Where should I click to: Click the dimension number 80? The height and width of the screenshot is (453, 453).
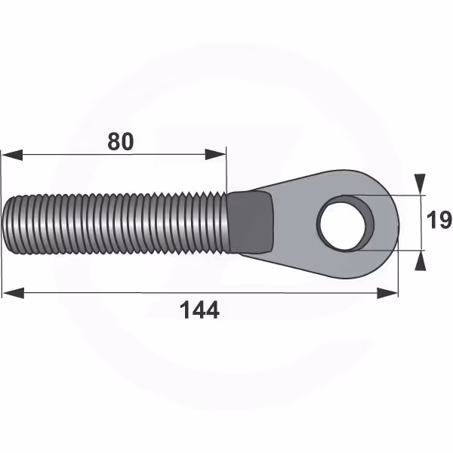click(x=121, y=142)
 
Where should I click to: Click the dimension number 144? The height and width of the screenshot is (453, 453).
click(x=199, y=310)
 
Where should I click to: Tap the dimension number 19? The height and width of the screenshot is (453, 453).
click(x=439, y=220)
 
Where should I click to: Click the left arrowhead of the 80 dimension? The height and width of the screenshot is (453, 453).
click(x=12, y=155)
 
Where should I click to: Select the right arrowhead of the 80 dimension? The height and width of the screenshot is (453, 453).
click(x=215, y=154)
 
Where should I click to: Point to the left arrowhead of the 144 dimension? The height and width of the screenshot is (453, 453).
click(x=14, y=293)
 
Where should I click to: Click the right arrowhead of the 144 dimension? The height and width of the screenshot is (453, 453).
click(x=387, y=293)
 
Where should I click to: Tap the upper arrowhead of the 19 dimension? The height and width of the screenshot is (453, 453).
click(x=420, y=184)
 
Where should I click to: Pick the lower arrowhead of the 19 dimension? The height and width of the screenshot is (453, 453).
click(x=421, y=260)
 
